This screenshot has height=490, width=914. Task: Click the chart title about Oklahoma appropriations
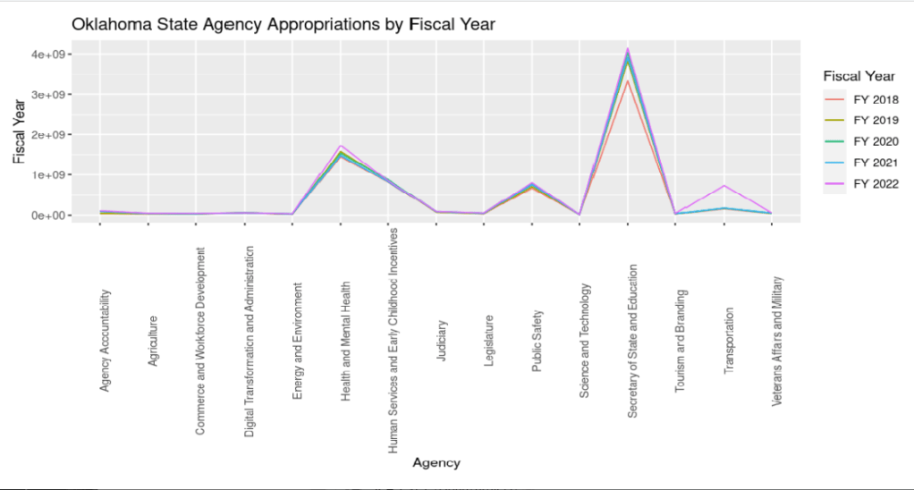point(283,25)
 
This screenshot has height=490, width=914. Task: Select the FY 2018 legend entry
point(876,99)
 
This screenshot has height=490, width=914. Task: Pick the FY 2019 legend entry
point(876,120)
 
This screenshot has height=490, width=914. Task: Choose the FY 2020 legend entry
point(876,141)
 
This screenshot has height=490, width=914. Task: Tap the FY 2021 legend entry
point(876,163)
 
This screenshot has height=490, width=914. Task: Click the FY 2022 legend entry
point(876,184)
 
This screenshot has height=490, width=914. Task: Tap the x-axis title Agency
point(436,463)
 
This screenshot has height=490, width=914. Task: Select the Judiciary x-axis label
point(443,341)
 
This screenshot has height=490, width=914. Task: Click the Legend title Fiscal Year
point(859,76)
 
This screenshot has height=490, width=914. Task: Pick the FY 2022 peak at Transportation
point(724,186)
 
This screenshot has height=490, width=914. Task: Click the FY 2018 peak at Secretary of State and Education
point(628,81)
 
